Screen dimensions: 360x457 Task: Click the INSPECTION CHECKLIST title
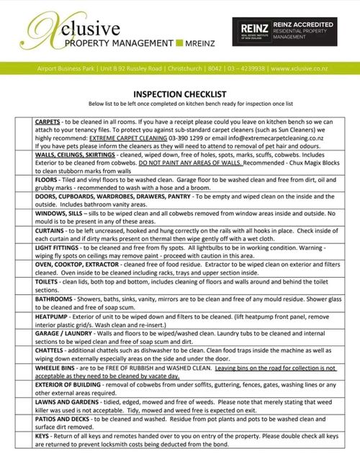click(179, 94)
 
